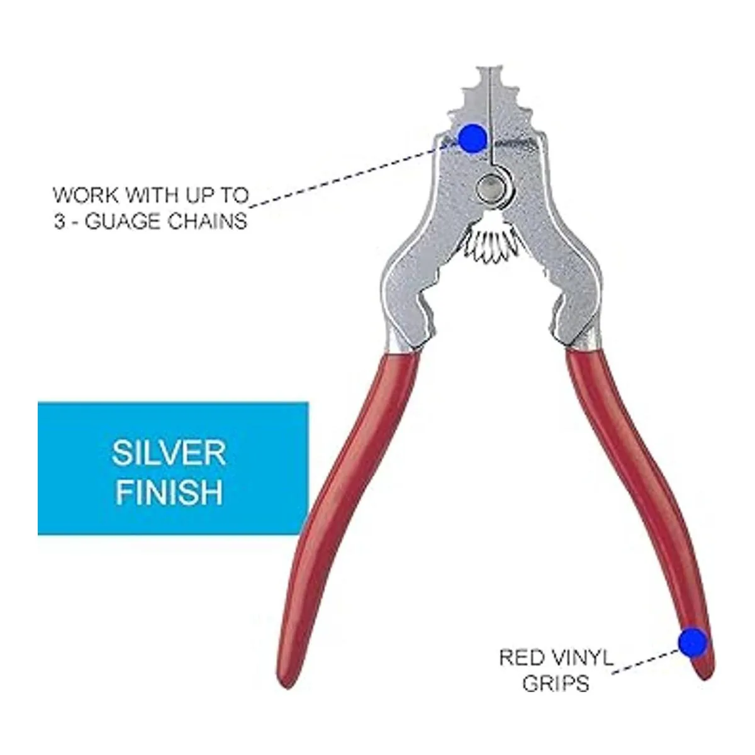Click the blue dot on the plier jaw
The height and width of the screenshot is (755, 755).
(472, 138)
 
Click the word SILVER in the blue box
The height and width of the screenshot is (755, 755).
(169, 453)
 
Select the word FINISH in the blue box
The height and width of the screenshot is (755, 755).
(169, 493)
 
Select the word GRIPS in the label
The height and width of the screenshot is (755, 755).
(555, 683)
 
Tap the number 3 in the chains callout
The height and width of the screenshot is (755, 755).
(60, 223)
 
